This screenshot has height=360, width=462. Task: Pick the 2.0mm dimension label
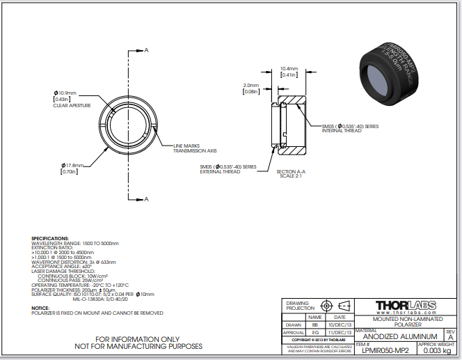click(x=250, y=85)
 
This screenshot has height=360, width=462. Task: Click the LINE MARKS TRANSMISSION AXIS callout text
click(x=196, y=148)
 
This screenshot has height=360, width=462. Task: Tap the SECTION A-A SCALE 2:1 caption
click(x=291, y=173)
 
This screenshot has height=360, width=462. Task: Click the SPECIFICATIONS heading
click(x=50, y=238)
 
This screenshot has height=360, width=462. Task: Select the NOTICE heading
click(x=40, y=307)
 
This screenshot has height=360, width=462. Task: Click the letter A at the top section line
click(x=147, y=50)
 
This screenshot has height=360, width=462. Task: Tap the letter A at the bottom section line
click(x=147, y=198)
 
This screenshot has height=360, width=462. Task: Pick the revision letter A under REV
click(x=449, y=337)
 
